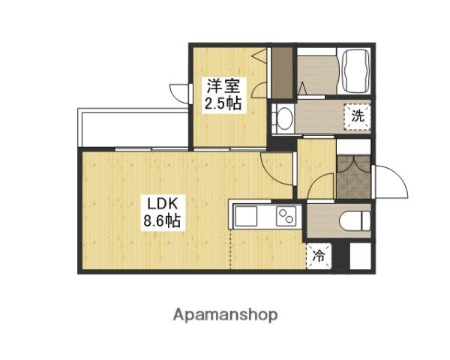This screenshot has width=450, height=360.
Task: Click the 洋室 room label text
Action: [223, 86]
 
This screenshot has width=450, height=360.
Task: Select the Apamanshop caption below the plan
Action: [224, 314]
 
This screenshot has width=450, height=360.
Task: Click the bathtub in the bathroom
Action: [356, 70]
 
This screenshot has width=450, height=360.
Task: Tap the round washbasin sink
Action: [283, 118]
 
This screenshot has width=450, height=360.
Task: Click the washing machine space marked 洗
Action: [358, 116]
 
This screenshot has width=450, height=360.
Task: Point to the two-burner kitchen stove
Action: [286, 217]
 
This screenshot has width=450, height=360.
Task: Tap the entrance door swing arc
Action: [390, 184]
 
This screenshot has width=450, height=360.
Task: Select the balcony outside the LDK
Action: [131, 127]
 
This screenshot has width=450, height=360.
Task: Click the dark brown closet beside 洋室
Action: [281, 73]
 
